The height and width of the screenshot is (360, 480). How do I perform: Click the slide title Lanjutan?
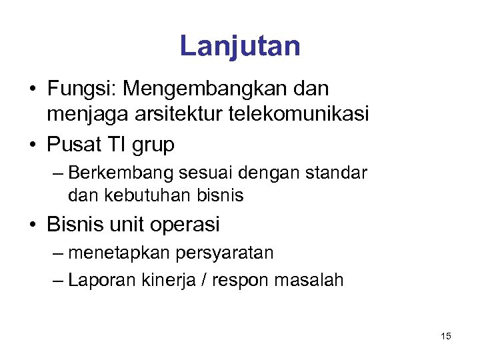pyautogui.click(x=240, y=46)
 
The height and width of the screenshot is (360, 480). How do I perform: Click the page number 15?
pyautogui.click(x=446, y=336)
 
